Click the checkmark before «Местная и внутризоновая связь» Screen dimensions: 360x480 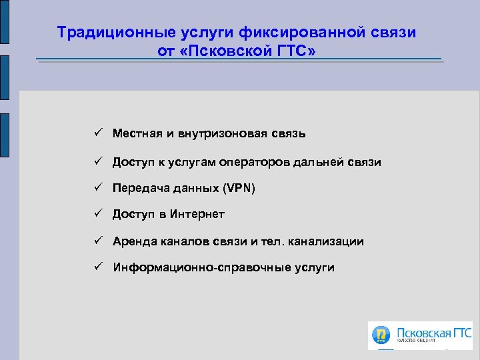point(97,133)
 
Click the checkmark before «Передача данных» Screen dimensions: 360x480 point(97,188)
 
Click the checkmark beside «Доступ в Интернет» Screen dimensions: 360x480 point(97,214)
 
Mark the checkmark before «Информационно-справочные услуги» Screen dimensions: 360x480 point(97,267)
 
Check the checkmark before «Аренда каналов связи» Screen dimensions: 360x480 point(97,241)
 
